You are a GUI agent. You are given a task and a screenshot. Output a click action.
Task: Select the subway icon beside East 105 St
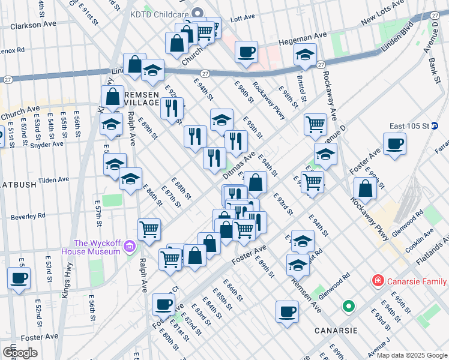click(435, 126)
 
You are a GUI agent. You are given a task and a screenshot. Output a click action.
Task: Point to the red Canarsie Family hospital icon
click(378, 281)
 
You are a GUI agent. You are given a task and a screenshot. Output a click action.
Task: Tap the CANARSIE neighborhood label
click(336, 331)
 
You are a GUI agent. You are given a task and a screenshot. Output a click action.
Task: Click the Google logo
click(20, 353)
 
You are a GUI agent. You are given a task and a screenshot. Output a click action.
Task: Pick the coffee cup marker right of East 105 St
click(394, 144)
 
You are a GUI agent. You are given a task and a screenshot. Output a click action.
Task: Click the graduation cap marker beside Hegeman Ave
click(305, 55)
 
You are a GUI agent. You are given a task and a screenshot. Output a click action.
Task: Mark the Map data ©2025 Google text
click(412, 355)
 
